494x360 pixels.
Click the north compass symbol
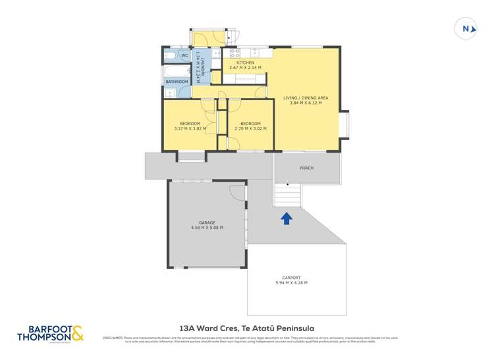pyautogui.click(x=466, y=28)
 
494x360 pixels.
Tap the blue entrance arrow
pyautogui.click(x=287, y=219)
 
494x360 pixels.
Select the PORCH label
pyautogui.click(x=306, y=168)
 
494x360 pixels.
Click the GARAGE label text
pyautogui.click(x=207, y=222)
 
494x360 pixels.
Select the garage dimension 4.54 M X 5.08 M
pyautogui.click(x=207, y=228)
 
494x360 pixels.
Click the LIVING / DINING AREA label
pyautogui.click(x=306, y=97)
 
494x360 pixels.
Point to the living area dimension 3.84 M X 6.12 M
pyautogui.click(x=306, y=103)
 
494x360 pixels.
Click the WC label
pyautogui.click(x=185, y=55)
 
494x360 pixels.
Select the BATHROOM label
pyautogui.click(x=177, y=82)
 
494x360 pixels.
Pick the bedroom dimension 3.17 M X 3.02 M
pyautogui.click(x=189, y=129)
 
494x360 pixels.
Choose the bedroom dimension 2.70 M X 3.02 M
pyautogui.click(x=250, y=129)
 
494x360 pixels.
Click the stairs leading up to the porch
pyautogui.click(x=287, y=195)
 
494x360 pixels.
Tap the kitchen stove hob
pyautogui.click(x=234, y=53)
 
